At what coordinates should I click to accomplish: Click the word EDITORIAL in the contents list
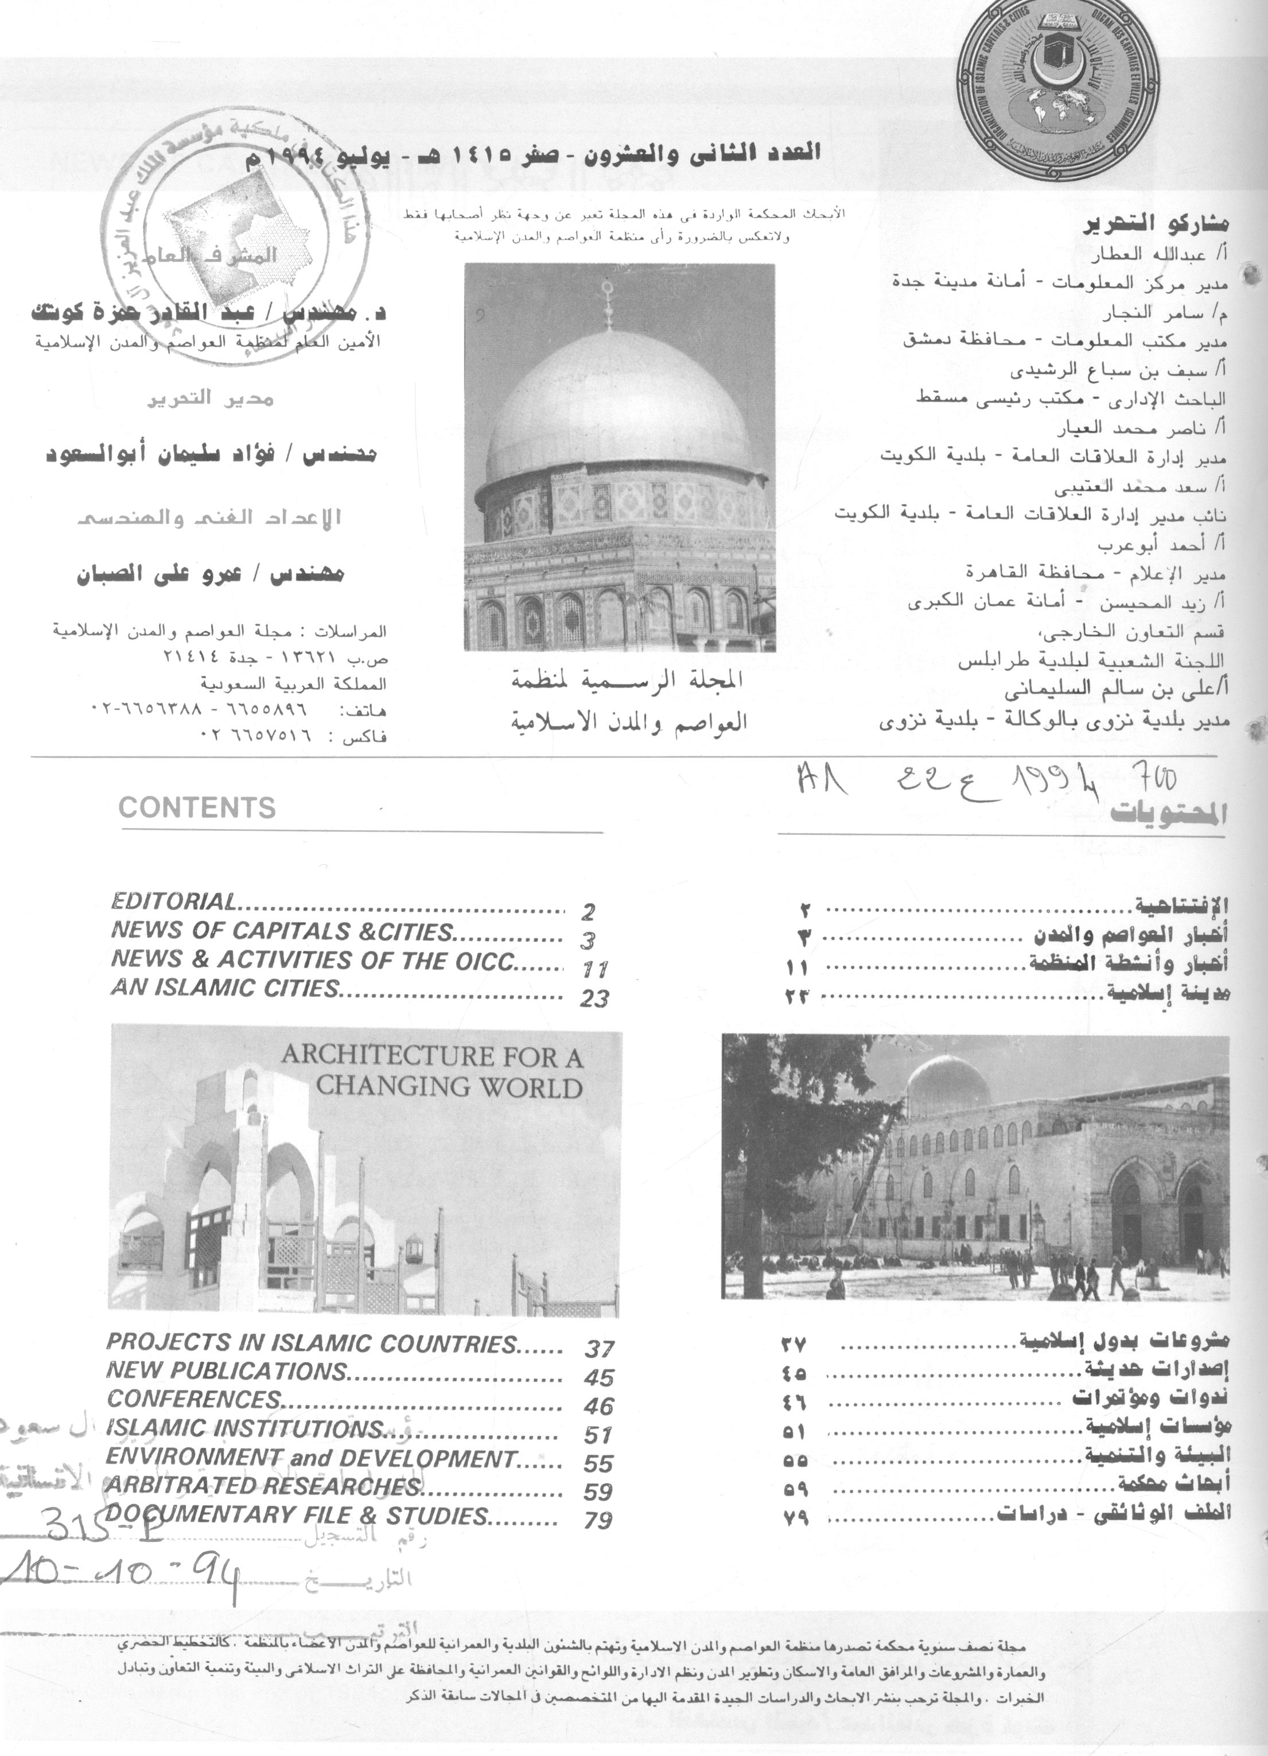click(x=173, y=901)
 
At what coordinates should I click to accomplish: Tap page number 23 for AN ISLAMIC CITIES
click(x=594, y=999)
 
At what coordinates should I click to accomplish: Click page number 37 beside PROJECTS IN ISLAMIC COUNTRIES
click(x=599, y=1349)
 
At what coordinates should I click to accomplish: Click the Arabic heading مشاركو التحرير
click(x=1158, y=226)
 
